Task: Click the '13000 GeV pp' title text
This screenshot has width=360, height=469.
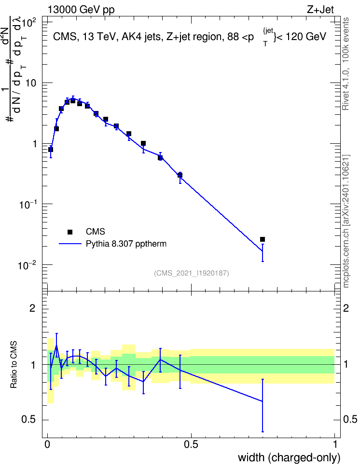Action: (x=81, y=10)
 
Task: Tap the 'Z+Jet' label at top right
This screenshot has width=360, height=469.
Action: (x=320, y=10)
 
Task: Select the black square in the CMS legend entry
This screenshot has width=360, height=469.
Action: (x=69, y=232)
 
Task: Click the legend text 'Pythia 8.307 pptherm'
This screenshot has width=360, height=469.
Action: (x=126, y=244)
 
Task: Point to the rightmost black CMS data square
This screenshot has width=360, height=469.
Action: (x=263, y=239)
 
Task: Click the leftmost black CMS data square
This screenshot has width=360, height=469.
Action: (x=51, y=150)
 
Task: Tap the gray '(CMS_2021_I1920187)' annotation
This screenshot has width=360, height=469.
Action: (x=192, y=273)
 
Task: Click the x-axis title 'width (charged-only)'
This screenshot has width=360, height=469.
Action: (x=289, y=457)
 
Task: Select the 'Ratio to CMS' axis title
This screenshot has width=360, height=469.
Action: (x=14, y=365)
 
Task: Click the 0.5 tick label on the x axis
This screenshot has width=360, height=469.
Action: (x=191, y=444)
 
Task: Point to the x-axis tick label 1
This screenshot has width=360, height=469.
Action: (x=335, y=444)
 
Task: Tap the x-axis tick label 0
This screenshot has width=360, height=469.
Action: (x=47, y=444)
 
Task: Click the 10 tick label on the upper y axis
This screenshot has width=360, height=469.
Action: (x=31, y=83)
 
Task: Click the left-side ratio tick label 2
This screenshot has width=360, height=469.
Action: (x=32, y=308)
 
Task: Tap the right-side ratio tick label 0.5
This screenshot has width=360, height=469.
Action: (x=350, y=420)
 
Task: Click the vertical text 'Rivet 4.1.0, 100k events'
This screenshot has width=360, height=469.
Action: (x=346, y=64)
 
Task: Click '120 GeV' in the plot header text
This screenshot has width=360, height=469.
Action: (x=306, y=37)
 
